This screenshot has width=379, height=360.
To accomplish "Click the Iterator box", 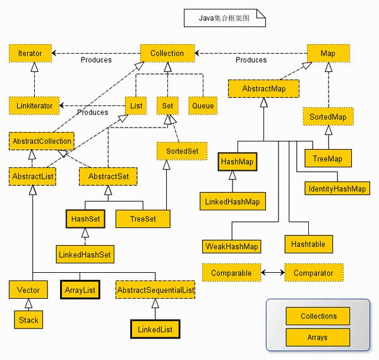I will coord(30,54).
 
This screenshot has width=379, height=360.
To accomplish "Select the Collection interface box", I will coord(167,54).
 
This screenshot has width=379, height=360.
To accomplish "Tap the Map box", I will coord(328,54).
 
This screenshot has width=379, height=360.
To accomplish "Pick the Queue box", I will coord(203,105).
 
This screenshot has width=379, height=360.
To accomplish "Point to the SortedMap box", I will coord(328,117).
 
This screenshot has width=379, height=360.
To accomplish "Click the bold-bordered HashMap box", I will coord(238,162).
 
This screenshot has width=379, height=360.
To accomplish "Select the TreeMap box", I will coord(327,159).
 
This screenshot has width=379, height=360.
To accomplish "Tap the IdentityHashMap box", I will coord(337,188).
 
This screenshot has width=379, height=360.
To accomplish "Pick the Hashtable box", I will coord(308,244).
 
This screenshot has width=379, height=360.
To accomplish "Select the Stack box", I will coord(28,320).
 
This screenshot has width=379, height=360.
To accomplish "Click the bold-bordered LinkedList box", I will coord(154,330).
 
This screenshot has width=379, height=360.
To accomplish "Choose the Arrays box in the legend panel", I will coord(318,337).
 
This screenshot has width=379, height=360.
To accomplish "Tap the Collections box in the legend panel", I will coord(318,316).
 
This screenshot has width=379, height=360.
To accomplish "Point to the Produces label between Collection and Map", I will coord(251,60).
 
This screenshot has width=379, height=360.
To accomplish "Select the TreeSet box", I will coord(143,219).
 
